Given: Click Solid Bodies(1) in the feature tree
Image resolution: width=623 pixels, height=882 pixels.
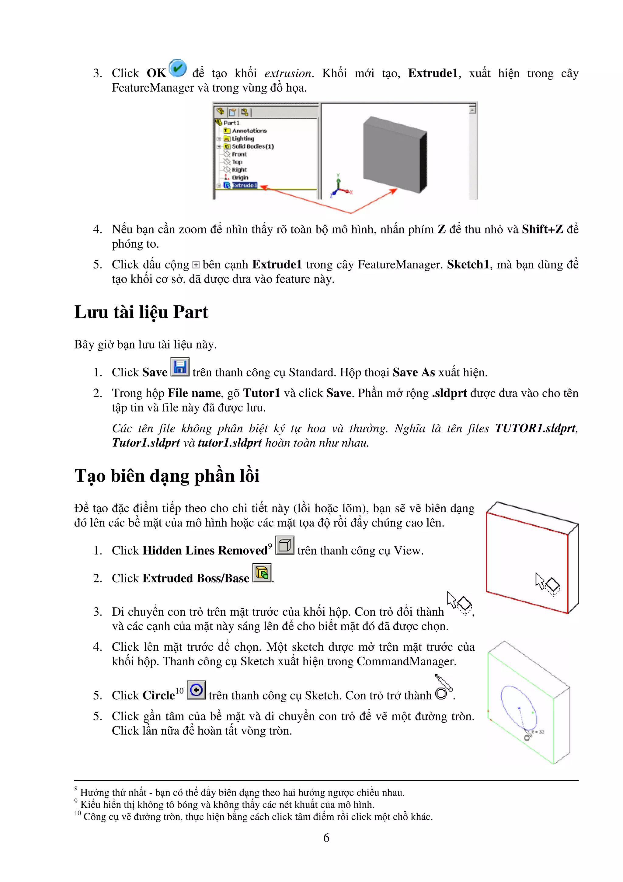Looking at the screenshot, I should point(252,146).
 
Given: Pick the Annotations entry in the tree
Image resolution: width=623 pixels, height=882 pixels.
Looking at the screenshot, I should point(249,131).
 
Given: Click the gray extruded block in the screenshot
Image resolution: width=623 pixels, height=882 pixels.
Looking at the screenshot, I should point(393,154).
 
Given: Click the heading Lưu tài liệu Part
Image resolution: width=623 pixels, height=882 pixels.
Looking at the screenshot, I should point(141,312).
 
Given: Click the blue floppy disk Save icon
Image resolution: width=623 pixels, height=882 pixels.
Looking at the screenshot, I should point(180,367).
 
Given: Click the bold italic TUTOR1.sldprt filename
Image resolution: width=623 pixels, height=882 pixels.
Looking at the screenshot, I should point(535,428).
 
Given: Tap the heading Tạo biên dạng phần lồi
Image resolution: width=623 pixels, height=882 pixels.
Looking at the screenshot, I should point(167,476).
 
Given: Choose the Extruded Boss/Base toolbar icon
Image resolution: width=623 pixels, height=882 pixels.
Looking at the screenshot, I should point(262,573).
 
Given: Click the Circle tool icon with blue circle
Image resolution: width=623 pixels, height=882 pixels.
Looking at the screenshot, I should point(196,690).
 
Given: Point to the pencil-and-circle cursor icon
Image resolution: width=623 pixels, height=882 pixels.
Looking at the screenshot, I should point(443,687).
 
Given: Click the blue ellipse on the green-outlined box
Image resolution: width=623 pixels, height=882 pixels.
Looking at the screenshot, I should point(518,707).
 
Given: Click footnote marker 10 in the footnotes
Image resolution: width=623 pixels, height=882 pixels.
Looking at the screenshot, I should point(78,813).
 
